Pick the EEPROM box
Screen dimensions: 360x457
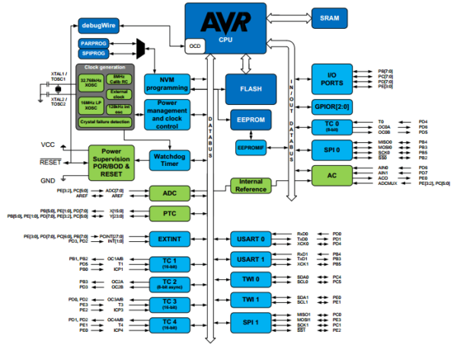[x=251, y=120]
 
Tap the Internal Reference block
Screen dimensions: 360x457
[x=251, y=185]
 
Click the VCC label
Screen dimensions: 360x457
[x=47, y=144]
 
